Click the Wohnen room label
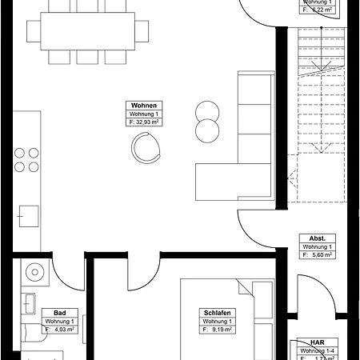coord(144,106)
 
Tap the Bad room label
coord(59,313)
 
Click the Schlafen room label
coord(217,313)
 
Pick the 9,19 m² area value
coord(219,329)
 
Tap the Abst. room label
coord(318,238)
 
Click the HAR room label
coord(318,342)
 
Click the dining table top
coord(88,30)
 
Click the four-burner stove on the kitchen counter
coord(25,160)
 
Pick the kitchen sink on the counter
coord(29,216)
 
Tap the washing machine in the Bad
coord(35,272)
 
